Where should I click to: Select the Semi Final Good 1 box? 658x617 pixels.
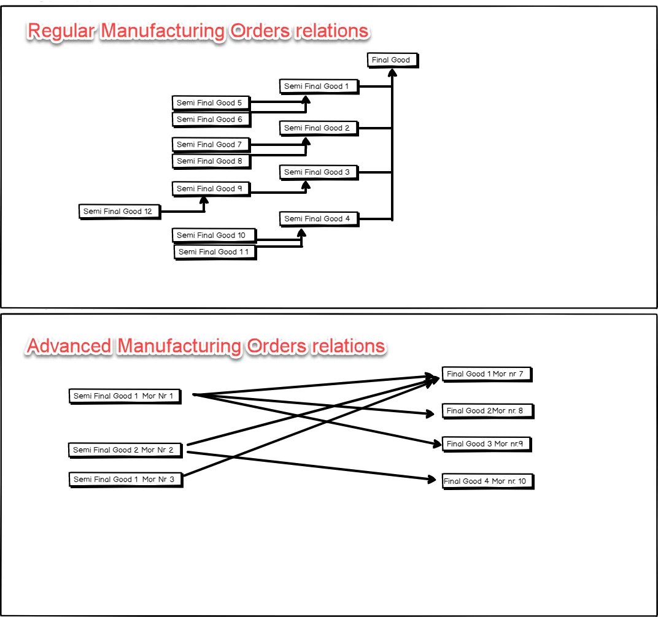[318, 86]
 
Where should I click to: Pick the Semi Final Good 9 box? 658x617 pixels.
[211, 189]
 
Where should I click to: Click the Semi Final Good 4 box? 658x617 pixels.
[318, 219]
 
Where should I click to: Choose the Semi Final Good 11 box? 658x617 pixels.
[214, 252]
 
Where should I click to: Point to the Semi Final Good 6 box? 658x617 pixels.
[211, 120]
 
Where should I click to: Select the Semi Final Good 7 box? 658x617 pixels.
[211, 145]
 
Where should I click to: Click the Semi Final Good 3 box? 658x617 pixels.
[318, 172]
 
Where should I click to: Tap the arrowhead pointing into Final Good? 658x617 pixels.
[392, 72]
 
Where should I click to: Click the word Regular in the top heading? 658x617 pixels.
[60, 31]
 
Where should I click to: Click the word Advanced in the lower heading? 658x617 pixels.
[69, 346]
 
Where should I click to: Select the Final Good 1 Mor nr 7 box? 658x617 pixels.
[486, 374]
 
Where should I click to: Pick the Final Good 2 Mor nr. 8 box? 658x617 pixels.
[487, 411]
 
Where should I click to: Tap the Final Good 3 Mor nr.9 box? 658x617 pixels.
[486, 444]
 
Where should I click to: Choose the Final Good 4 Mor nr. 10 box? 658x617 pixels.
[486, 481]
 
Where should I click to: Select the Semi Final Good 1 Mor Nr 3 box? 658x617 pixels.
[125, 480]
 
